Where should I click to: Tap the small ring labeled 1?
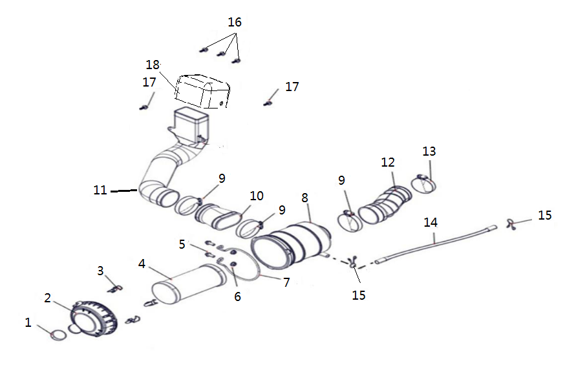[58, 335]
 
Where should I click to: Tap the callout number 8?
[304, 198]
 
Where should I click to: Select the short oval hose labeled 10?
[216, 215]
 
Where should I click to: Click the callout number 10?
[257, 196]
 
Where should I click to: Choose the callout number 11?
[100, 191]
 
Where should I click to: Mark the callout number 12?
[388, 162]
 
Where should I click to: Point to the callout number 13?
[429, 152]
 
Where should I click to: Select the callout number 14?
[431, 222]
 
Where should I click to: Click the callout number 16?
[235, 22]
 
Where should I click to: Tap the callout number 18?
[153, 65]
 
